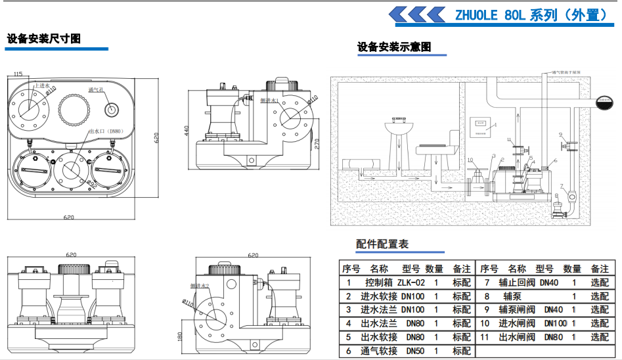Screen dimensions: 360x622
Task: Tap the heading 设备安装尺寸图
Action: tap(43, 39)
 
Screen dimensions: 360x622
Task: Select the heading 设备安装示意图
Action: tap(394, 47)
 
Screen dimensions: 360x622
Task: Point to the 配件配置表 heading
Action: tap(382, 244)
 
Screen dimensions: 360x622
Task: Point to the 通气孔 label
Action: tap(97, 89)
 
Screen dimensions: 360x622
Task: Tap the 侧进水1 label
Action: tap(270, 101)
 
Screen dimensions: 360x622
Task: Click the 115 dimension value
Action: tap(18, 74)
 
